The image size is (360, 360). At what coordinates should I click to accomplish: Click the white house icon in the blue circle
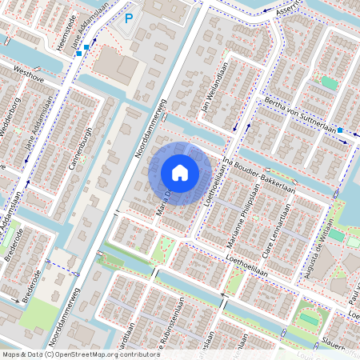180,172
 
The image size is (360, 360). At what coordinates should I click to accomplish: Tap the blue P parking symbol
129,18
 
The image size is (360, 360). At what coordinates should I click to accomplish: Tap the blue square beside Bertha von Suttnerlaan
340,130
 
